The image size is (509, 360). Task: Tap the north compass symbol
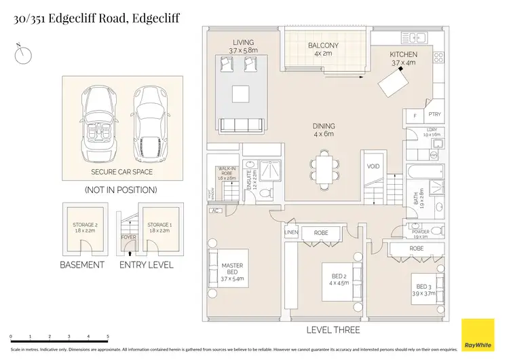(23, 55)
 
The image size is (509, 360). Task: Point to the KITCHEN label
(403, 54)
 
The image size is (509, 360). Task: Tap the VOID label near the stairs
(373, 166)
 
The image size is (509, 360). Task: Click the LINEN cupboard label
(290, 232)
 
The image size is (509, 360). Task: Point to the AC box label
(216, 211)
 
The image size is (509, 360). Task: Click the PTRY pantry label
(434, 115)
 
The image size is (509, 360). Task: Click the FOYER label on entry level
(128, 238)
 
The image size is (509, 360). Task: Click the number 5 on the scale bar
(108, 336)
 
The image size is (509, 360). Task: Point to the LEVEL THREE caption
(333, 330)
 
